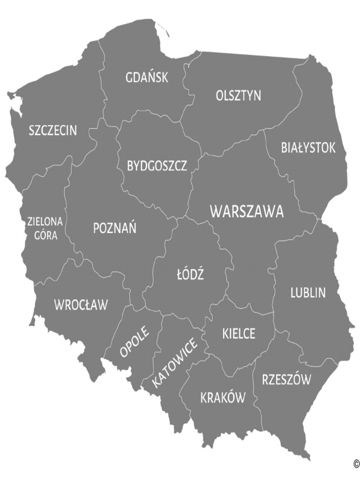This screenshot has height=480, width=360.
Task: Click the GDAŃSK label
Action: pyautogui.click(x=147, y=78)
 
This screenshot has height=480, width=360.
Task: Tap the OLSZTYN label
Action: pyautogui.click(x=239, y=96)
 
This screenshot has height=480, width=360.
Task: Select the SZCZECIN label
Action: pyautogui.click(x=52, y=130)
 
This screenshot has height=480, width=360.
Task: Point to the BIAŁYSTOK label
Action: pyautogui.click(x=308, y=148)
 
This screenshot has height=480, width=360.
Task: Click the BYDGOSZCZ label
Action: pyautogui.click(x=157, y=166)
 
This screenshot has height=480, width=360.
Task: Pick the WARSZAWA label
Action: pyautogui.click(x=247, y=211)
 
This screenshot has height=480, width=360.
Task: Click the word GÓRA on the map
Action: pyautogui.click(x=46, y=235)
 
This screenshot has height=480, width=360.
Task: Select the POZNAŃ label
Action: pyautogui.click(x=115, y=229)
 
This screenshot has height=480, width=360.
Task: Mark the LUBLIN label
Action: pyautogui.click(x=308, y=293)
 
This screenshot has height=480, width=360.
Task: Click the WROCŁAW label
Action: pyautogui.click(x=81, y=305)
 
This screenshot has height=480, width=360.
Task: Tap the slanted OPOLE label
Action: pyautogui.click(x=135, y=341)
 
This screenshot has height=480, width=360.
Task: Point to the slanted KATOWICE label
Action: pyautogui.click(x=175, y=363)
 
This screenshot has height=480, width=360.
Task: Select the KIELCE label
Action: pyautogui.click(x=239, y=334)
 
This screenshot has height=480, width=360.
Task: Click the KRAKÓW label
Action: pyautogui.click(x=223, y=398)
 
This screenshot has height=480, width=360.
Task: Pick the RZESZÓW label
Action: pyautogui.click(x=286, y=380)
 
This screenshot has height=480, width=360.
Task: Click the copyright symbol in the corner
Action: pyautogui.click(x=356, y=464)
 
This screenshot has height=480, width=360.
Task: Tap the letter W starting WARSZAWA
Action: pyautogui.click(x=216, y=211)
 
